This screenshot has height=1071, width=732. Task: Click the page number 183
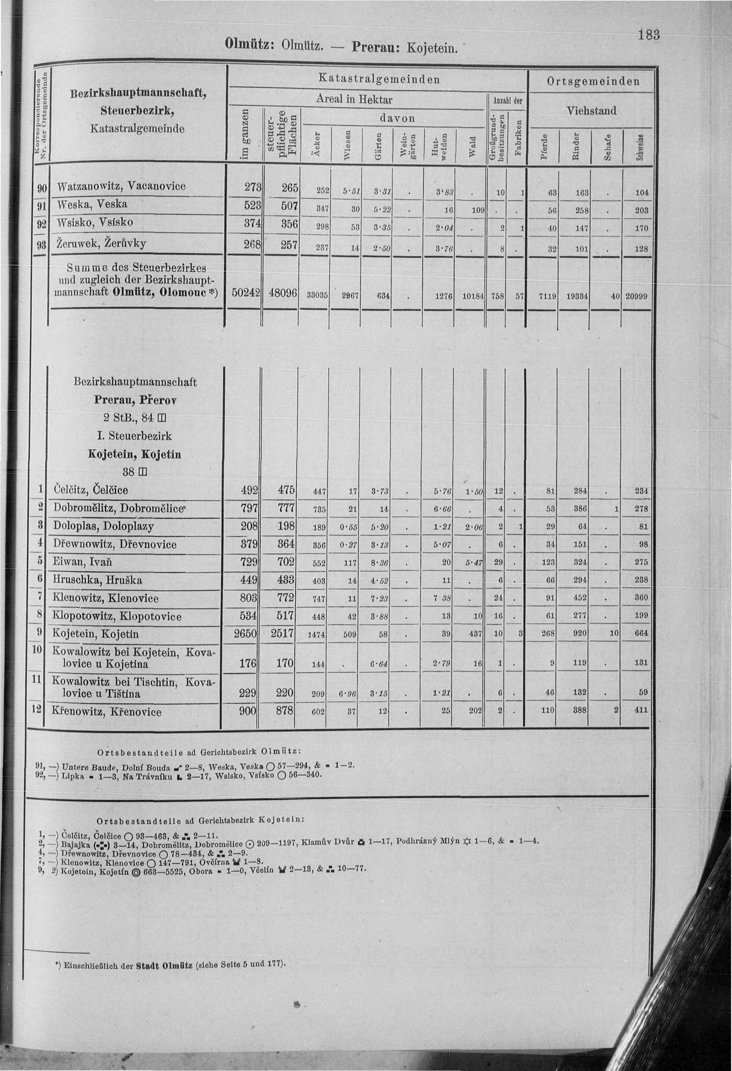click(650, 35)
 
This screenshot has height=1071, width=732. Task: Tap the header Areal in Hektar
click(354, 99)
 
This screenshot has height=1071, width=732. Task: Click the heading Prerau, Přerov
click(135, 400)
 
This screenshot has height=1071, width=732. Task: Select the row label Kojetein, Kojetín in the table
click(95, 634)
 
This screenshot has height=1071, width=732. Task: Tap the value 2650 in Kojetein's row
click(245, 633)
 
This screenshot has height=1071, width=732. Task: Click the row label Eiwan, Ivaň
click(83, 562)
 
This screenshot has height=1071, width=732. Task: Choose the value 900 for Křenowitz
click(247, 711)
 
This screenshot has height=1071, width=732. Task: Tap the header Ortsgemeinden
click(593, 82)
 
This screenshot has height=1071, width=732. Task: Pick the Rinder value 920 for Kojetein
click(580, 634)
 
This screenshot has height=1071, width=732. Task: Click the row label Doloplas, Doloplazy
click(104, 526)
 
